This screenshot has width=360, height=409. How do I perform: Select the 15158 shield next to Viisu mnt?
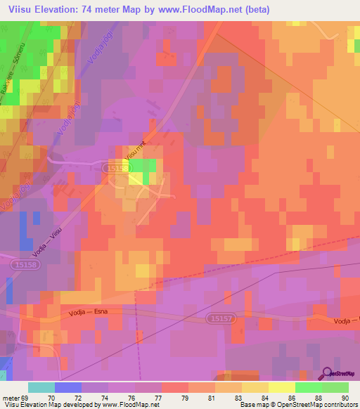click(115, 169)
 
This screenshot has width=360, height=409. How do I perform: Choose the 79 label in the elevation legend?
click(175, 397)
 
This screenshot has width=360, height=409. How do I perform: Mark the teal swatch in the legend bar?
click(41, 387)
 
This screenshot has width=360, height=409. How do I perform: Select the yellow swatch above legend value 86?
click(282, 387)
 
